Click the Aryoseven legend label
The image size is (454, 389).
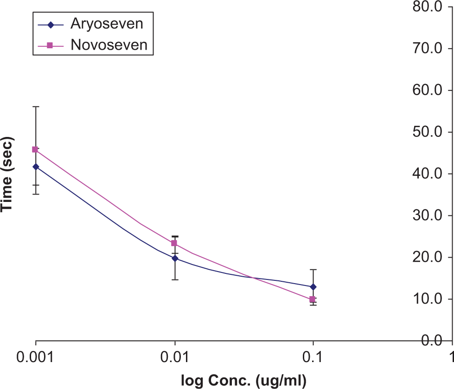(107, 24)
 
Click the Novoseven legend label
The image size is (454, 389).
(109, 45)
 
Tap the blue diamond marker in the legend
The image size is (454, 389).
(51, 25)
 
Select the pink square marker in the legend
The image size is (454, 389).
(50, 45)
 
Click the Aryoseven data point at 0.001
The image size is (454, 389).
(36, 167)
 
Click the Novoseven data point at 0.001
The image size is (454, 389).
(35, 149)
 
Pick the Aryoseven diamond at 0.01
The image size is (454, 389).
(175, 258)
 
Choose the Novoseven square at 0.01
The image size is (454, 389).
(174, 243)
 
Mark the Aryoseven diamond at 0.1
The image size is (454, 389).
(313, 287)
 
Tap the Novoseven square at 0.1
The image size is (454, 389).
(312, 299)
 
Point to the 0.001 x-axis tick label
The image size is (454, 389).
(35, 357)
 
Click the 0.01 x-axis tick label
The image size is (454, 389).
(174, 357)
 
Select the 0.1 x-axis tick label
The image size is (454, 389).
(313, 357)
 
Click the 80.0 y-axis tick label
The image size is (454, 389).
(428, 6)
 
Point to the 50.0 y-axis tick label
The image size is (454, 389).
(428, 132)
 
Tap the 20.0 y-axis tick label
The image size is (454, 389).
(428, 257)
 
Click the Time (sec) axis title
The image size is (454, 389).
(7, 174)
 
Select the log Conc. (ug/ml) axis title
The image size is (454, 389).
(243, 381)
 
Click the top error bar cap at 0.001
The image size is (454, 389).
(36, 107)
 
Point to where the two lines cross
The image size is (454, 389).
(253, 278)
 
